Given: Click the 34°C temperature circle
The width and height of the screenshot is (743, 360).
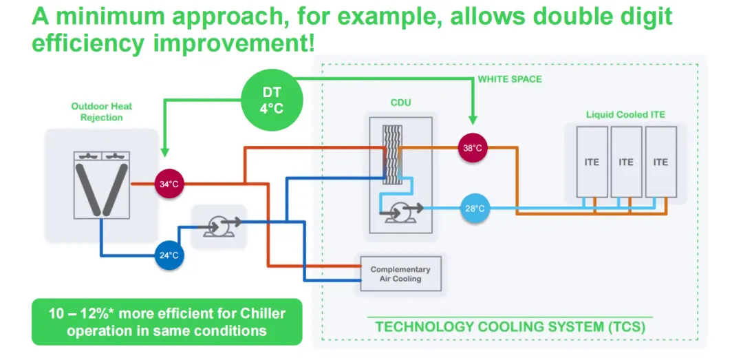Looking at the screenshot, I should click(x=168, y=184).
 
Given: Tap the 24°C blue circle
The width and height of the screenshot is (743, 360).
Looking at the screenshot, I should click(x=169, y=255).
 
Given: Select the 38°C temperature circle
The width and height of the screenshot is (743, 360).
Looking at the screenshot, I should click(x=473, y=147).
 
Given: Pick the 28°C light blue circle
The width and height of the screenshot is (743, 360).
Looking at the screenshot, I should click(x=474, y=208).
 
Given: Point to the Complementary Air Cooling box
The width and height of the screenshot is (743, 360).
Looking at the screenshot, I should click(x=400, y=273).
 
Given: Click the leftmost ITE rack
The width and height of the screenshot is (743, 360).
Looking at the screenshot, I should click(x=592, y=163).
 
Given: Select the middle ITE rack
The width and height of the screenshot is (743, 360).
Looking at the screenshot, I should click(x=626, y=163).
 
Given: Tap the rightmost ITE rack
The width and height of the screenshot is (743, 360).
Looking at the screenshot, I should click(x=660, y=163).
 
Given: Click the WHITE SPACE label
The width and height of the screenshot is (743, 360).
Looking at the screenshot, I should click(x=510, y=79).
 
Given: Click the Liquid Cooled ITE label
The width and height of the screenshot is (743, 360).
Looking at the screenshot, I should click(x=625, y=114).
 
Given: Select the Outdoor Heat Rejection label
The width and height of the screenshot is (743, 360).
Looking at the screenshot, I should click(x=101, y=112).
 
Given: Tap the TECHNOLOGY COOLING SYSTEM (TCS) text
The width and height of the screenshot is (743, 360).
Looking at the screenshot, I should click(x=510, y=326).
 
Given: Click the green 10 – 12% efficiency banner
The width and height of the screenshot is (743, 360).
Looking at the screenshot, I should click(x=166, y=321).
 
